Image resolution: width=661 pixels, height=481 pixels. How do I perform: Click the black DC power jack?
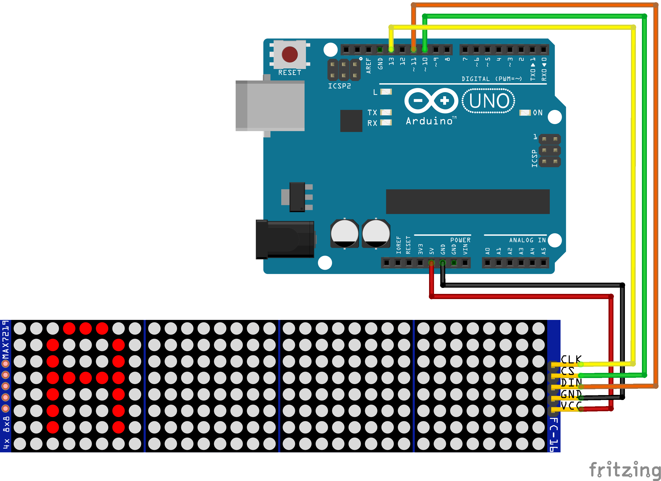[x=285, y=239]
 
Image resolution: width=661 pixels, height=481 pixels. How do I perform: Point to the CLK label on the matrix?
[x=571, y=359]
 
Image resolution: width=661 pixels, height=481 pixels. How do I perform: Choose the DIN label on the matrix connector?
[x=571, y=383]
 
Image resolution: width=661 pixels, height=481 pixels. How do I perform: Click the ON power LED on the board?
[x=525, y=113]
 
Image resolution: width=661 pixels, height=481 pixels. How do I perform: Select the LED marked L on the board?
[x=386, y=92]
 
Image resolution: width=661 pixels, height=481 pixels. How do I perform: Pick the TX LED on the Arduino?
[x=386, y=112]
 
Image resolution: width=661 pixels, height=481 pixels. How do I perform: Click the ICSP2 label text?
[x=340, y=86]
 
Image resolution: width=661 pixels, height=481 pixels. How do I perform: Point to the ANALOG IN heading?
[x=528, y=240]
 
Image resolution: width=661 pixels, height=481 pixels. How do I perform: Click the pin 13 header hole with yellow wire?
[x=391, y=50]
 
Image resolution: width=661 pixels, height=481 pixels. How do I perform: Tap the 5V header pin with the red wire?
[x=431, y=263]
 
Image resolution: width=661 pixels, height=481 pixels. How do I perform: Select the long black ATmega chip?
[x=468, y=202]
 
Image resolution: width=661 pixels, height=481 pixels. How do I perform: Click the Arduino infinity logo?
[x=431, y=101]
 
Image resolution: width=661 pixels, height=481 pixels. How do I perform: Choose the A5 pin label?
[x=543, y=251]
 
